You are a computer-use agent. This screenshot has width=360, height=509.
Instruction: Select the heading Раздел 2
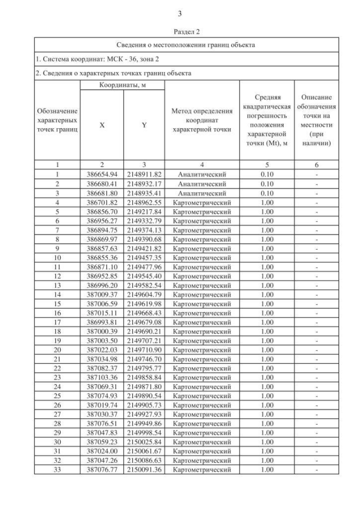coord(179,33)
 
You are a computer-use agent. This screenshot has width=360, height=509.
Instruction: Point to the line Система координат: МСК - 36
coord(90,59)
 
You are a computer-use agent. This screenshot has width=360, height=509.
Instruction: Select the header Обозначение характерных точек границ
coord(57,120)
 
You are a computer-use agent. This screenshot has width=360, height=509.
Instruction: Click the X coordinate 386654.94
coord(102,174)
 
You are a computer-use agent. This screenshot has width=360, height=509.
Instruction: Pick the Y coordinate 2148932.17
coord(144,183)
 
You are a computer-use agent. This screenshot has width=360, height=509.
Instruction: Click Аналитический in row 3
coord(202,192)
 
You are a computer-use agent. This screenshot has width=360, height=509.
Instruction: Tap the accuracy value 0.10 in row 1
coord(267,174)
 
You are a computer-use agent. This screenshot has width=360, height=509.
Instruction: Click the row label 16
coord(57,312)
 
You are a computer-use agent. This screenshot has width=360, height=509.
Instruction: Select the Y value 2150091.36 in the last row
coord(144,469)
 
